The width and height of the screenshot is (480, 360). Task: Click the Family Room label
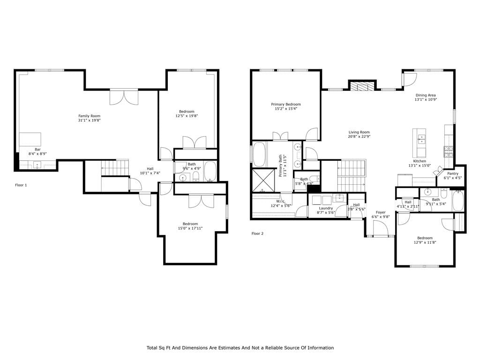coord(90,116)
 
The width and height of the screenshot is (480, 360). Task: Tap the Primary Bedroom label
coord(286,105)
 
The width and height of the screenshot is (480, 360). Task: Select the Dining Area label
coord(426,95)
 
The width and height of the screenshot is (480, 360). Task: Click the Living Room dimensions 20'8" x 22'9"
coord(359,136)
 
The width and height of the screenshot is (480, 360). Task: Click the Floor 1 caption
coord(21,185)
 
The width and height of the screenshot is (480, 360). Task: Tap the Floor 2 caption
coord(257,233)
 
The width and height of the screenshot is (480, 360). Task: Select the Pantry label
coord(453,173)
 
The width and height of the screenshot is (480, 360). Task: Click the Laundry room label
coord(326,208)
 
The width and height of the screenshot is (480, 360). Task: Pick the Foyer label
coord(381,212)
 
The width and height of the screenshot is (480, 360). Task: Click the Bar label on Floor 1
coord(37,150)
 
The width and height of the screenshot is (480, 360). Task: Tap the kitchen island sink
coord(422,139)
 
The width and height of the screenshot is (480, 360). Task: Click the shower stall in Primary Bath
coord(263,180)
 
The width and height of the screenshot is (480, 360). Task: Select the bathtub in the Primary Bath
coord(259,154)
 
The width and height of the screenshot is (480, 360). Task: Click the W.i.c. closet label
coord(281,202)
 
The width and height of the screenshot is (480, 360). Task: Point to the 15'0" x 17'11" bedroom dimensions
coord(190,228)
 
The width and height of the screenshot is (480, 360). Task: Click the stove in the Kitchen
coord(449,152)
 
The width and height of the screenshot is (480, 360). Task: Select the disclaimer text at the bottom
coord(240,348)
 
